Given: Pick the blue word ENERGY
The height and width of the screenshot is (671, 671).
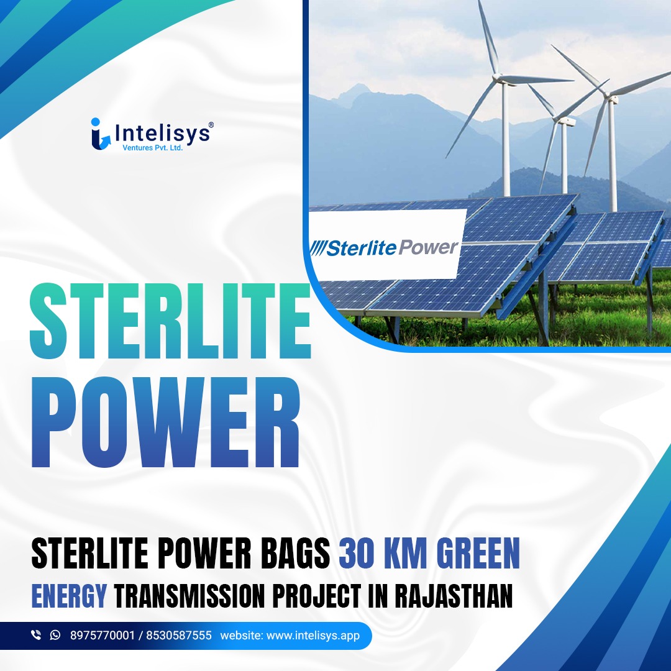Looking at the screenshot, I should click(x=69, y=595).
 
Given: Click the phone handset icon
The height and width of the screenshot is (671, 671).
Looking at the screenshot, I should click(x=35, y=635).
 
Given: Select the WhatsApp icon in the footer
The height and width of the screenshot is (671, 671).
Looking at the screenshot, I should click(x=55, y=635).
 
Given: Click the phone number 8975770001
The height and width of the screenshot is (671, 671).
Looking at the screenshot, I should click(x=102, y=636).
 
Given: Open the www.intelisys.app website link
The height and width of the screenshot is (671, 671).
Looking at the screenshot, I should click(x=313, y=636).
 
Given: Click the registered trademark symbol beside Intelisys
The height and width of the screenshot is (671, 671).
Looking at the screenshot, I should click(x=211, y=125).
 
